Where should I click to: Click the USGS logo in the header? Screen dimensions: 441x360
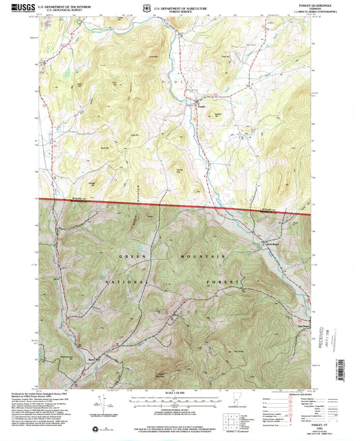click(22, 9)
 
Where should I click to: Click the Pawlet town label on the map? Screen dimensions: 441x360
click(201, 105)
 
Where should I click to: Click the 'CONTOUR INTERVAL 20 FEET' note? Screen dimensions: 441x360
click(178, 409)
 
